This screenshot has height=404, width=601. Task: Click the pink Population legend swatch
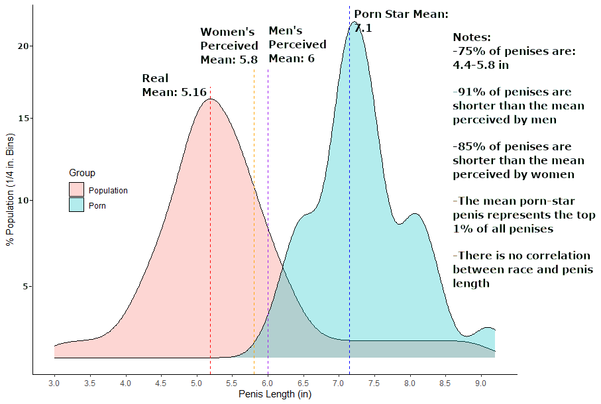(78, 190)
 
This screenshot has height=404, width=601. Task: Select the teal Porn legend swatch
(78, 205)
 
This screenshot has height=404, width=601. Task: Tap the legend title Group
(82, 174)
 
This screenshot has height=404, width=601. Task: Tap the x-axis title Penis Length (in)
(274, 395)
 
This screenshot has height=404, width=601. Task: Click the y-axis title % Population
(9, 199)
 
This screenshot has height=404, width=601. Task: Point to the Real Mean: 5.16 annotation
(174, 85)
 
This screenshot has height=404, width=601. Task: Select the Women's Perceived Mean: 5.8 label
(229, 46)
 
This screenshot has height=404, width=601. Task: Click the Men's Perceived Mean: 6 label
(297, 44)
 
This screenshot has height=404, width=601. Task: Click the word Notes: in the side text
(471, 38)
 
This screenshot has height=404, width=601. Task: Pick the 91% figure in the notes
(470, 92)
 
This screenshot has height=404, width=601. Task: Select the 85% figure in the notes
(470, 146)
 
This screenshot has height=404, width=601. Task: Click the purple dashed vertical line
(268, 199)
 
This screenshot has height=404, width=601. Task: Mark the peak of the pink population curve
(210, 99)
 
